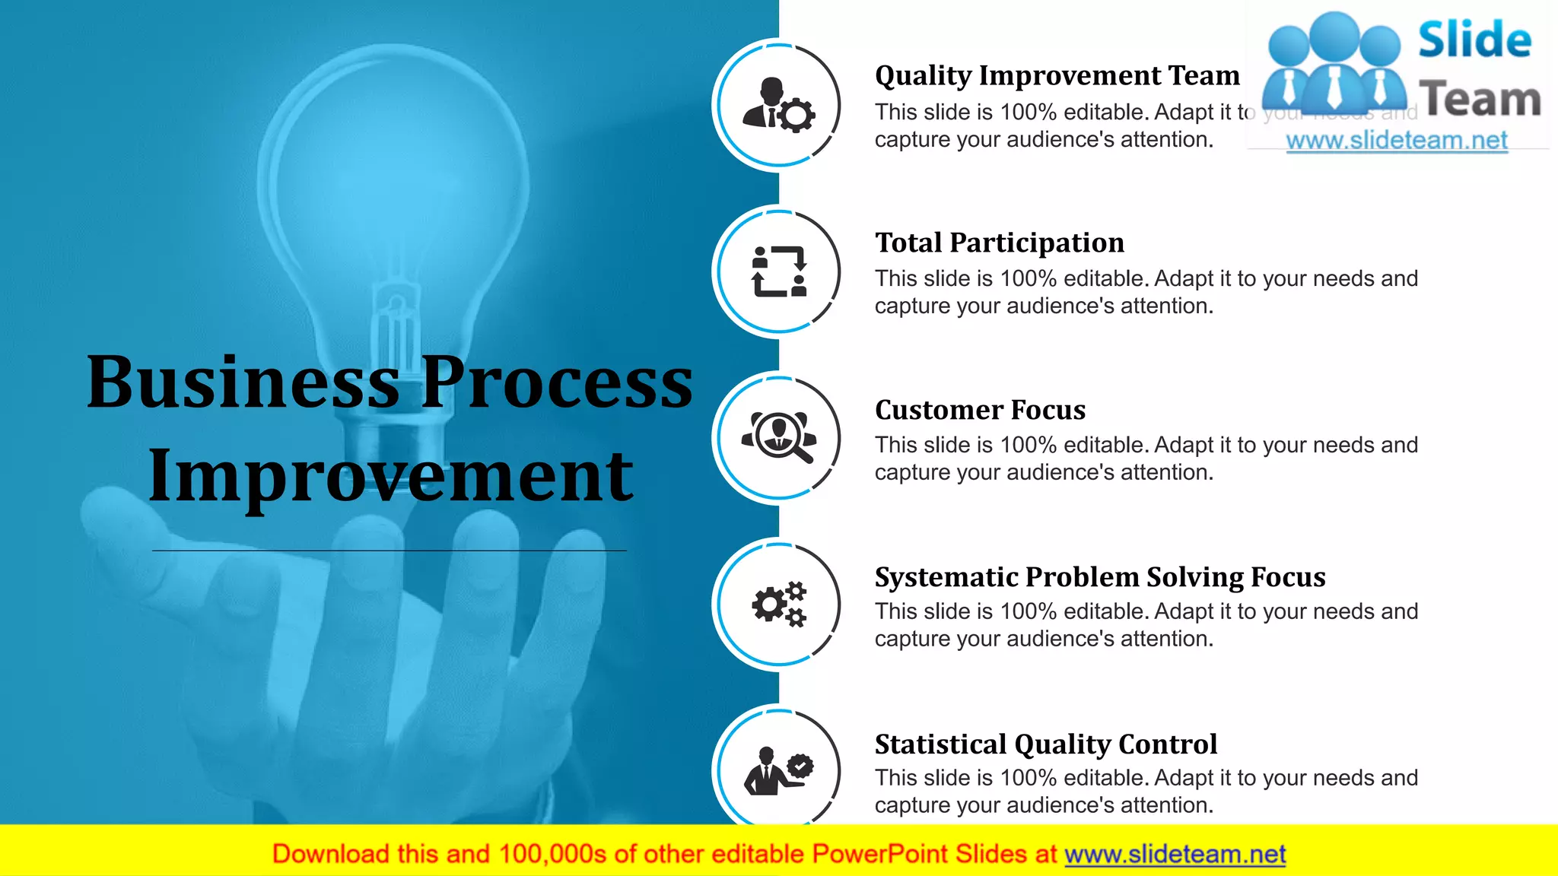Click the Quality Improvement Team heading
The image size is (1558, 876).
[x=1057, y=76]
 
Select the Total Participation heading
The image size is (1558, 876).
[x=999, y=243]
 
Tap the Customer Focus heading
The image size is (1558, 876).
[x=980, y=410]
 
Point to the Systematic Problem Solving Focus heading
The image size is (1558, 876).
[x=1099, y=577]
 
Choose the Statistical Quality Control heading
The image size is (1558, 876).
[x=1045, y=744]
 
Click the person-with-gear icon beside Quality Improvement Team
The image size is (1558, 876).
[x=778, y=105]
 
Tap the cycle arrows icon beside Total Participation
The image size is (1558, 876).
[x=778, y=271]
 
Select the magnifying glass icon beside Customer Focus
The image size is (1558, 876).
[x=778, y=438]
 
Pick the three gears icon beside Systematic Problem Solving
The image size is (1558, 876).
[x=778, y=605]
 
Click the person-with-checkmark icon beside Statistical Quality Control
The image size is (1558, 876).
[x=778, y=771]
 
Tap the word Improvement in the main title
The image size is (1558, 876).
[x=390, y=477]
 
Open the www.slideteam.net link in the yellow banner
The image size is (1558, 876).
[x=1175, y=855]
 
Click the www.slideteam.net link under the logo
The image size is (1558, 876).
[x=1397, y=141]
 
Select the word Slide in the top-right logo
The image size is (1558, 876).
[x=1474, y=40]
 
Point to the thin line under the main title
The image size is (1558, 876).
[x=389, y=550]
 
